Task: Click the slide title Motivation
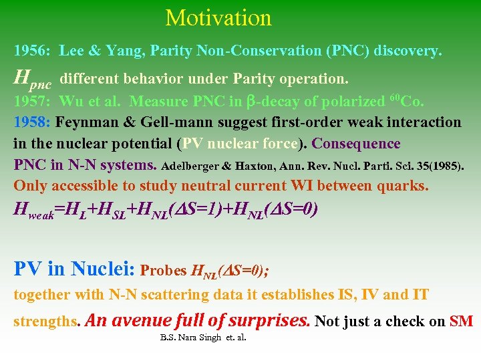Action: tap(218, 17)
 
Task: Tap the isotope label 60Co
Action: tap(406, 102)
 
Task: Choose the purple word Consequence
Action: tap(356, 144)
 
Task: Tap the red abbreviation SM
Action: tap(461, 321)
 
